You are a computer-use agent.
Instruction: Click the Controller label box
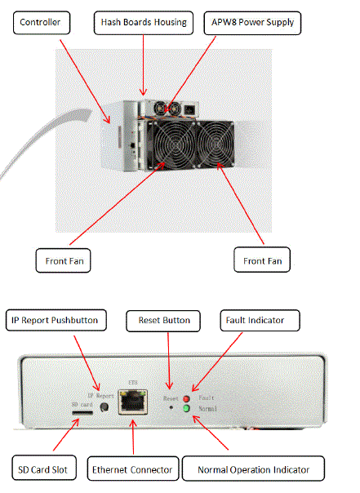click(42, 23)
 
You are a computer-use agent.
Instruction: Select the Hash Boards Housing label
click(144, 23)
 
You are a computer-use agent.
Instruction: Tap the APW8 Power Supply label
click(252, 23)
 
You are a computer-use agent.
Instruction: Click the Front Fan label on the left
click(63, 260)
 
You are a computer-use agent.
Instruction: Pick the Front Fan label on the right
click(262, 260)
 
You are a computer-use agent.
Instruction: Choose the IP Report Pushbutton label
click(56, 321)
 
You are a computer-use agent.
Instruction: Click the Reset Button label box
click(163, 321)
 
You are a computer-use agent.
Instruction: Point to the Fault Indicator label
click(260, 321)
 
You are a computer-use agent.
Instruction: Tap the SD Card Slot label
click(44, 468)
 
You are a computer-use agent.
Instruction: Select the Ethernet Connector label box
click(133, 469)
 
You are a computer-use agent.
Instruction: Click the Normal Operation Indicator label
click(253, 469)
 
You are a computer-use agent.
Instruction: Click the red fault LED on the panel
click(186, 398)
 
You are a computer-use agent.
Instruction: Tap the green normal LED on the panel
click(186, 408)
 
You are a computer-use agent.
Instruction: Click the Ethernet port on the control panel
click(133, 402)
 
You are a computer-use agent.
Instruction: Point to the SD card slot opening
click(82, 412)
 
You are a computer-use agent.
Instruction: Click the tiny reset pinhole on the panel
click(171, 407)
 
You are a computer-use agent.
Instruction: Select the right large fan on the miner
click(216, 144)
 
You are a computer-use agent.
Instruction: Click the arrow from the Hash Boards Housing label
click(144, 64)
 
